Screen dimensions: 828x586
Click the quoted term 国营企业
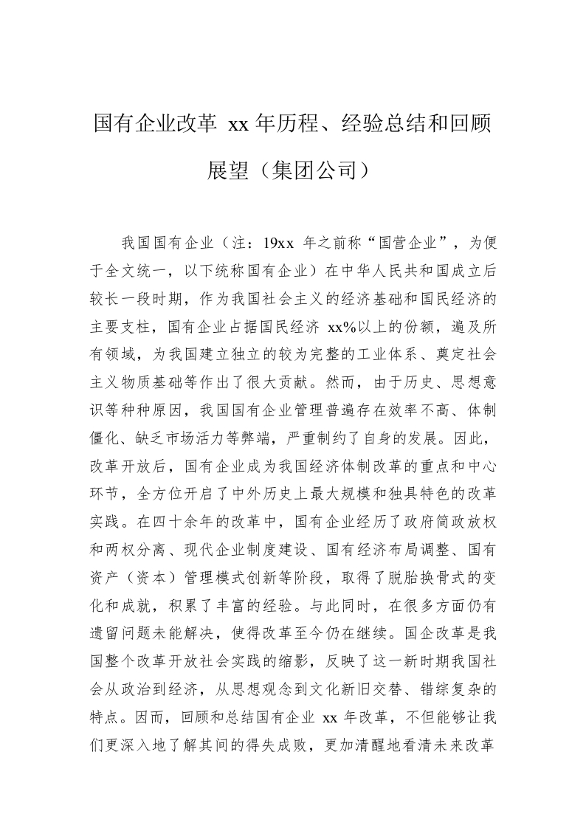[404, 242]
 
